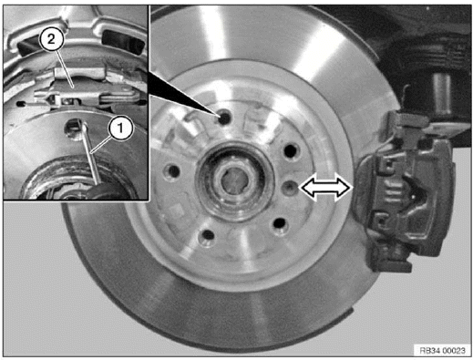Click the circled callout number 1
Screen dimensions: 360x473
(x=118, y=129)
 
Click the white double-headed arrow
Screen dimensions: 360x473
(x=325, y=187)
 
